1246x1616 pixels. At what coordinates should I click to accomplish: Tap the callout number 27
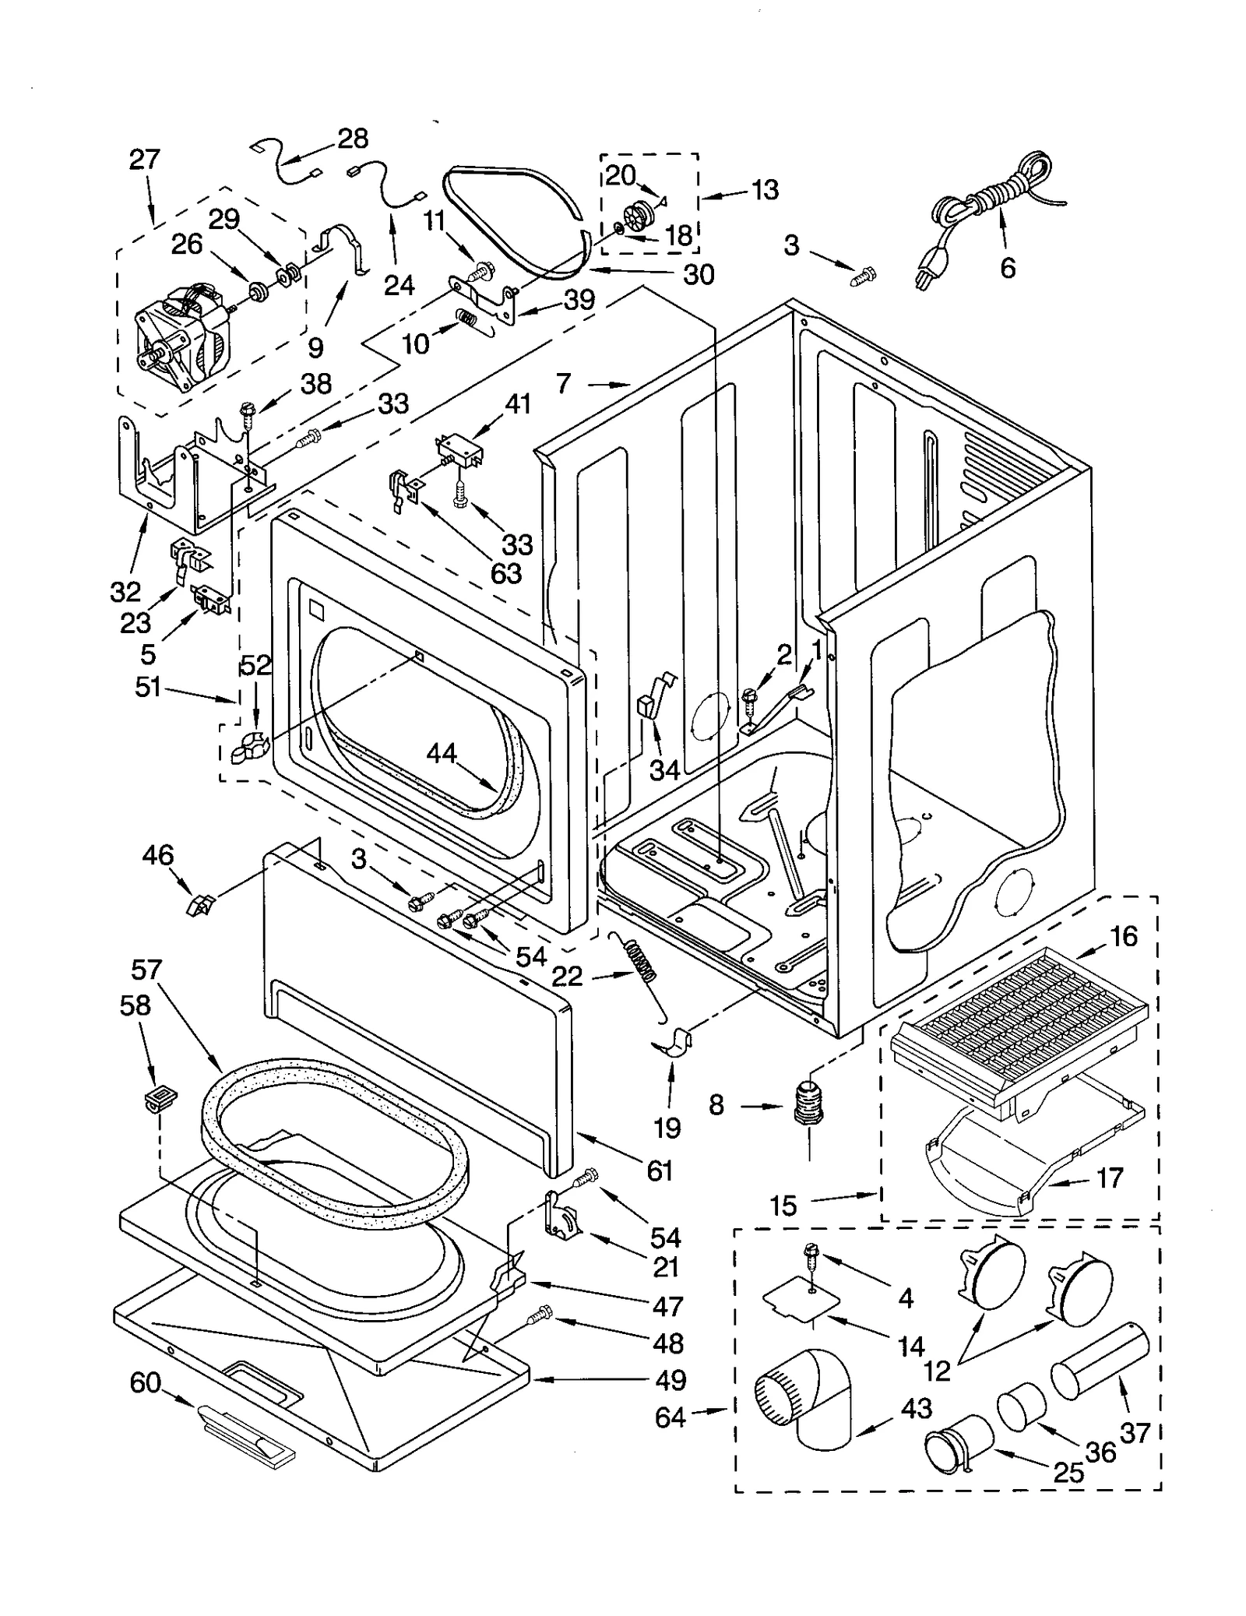(x=144, y=160)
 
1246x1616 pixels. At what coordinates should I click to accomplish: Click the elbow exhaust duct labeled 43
(x=810, y=1402)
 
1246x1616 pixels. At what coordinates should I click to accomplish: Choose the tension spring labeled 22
(x=642, y=962)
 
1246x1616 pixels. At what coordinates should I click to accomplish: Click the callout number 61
(x=659, y=1170)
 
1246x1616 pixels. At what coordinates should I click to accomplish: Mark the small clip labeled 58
(x=160, y=1098)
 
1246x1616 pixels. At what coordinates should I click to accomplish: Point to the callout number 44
(x=441, y=753)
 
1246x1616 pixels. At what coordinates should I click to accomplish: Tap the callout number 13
(x=766, y=189)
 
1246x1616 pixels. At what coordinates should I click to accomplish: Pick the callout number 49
(x=670, y=1380)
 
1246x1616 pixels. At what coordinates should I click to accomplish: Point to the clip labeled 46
(x=200, y=905)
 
